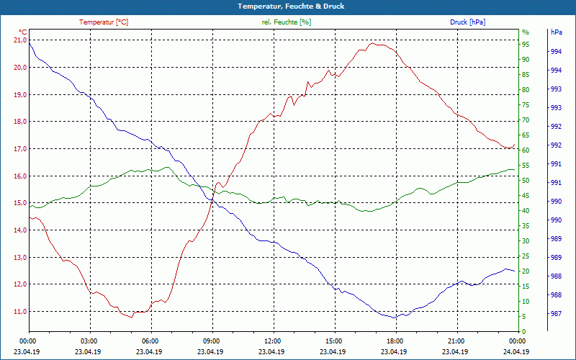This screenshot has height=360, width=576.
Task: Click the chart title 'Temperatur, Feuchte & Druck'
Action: coord(288,6)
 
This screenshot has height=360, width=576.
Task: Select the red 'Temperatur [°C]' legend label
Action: coord(104,22)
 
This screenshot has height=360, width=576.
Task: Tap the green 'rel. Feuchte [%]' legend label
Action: coord(287,22)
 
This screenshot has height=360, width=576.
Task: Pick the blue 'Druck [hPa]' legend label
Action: coord(467,22)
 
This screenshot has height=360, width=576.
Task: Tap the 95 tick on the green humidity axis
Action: coord(526,45)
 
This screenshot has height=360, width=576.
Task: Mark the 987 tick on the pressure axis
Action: coord(556,314)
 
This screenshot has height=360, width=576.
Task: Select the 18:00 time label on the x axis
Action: coord(395,341)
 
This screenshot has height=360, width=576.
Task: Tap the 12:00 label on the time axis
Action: coord(273,341)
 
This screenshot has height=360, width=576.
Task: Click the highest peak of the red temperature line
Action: coord(372,43)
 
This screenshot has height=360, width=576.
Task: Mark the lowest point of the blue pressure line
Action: coord(395,318)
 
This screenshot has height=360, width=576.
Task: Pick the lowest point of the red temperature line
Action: coord(131,317)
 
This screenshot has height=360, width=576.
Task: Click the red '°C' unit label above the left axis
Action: coord(22,32)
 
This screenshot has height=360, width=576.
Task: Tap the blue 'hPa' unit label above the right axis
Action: coord(556,32)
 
